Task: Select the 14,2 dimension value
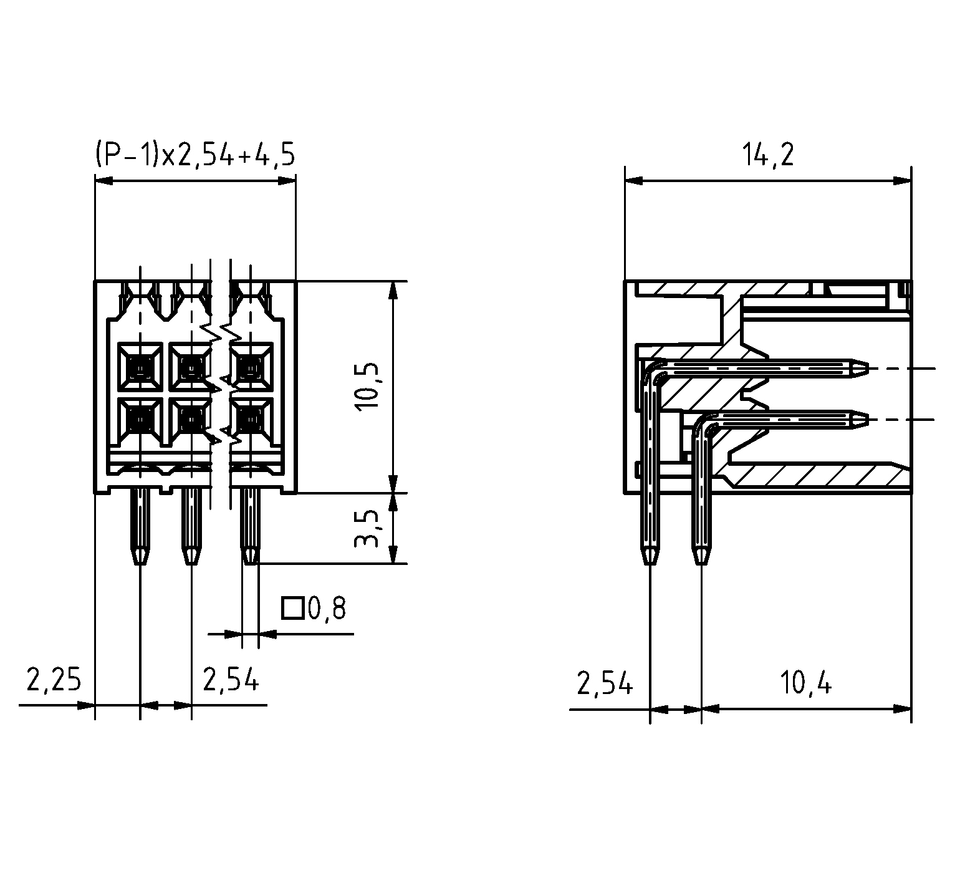pyautogui.click(x=768, y=155)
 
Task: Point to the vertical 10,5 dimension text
pyautogui.click(x=368, y=387)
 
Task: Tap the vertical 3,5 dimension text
pyautogui.click(x=368, y=528)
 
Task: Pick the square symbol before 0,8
pyautogui.click(x=292, y=609)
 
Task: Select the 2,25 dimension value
pyautogui.click(x=54, y=680)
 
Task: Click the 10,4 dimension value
pyautogui.click(x=805, y=685)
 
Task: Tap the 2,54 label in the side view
pyautogui.click(x=605, y=685)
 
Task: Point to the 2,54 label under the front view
pyautogui.click(x=231, y=680)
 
